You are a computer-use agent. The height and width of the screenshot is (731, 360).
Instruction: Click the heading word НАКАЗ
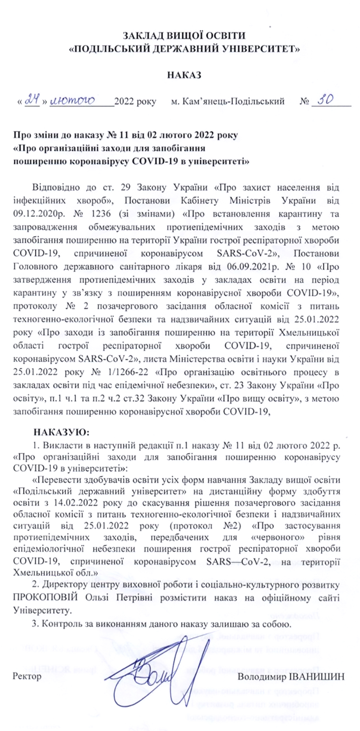point(184,75)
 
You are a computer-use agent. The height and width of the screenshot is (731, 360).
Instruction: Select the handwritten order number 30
point(325,100)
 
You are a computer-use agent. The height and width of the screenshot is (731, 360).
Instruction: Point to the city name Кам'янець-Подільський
point(227,102)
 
